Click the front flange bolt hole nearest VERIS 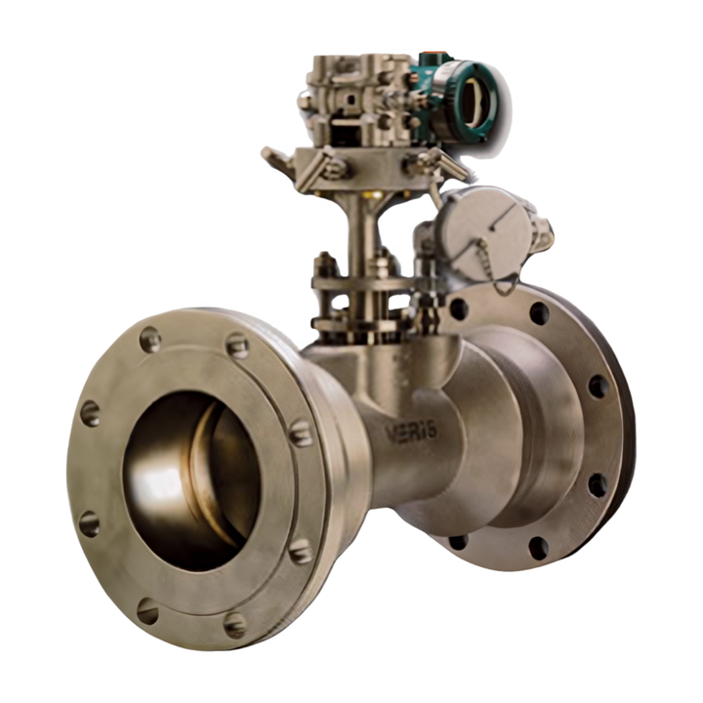point(301,432)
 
